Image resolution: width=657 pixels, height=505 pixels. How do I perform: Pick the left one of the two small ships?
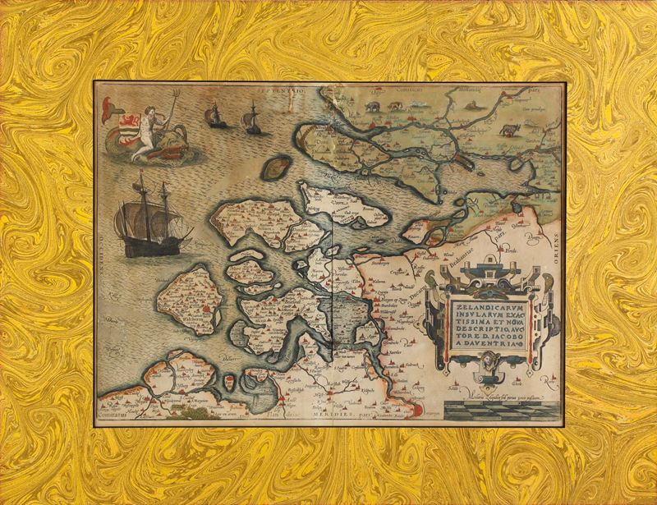(x=217, y=116)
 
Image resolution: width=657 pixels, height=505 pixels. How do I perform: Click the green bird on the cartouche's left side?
(x=433, y=280)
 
